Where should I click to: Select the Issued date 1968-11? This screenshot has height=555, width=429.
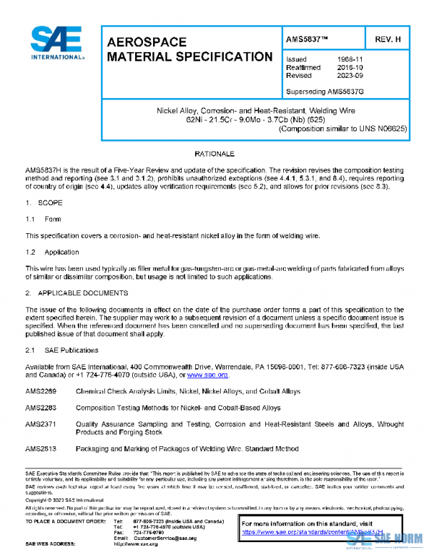click(x=347, y=59)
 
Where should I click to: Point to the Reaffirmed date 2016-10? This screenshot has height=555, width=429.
click(x=347, y=67)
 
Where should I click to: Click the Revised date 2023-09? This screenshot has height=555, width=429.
click(x=347, y=75)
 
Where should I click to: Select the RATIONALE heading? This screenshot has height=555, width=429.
click(x=214, y=154)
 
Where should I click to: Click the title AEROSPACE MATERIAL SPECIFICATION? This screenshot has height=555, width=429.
click(x=188, y=49)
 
